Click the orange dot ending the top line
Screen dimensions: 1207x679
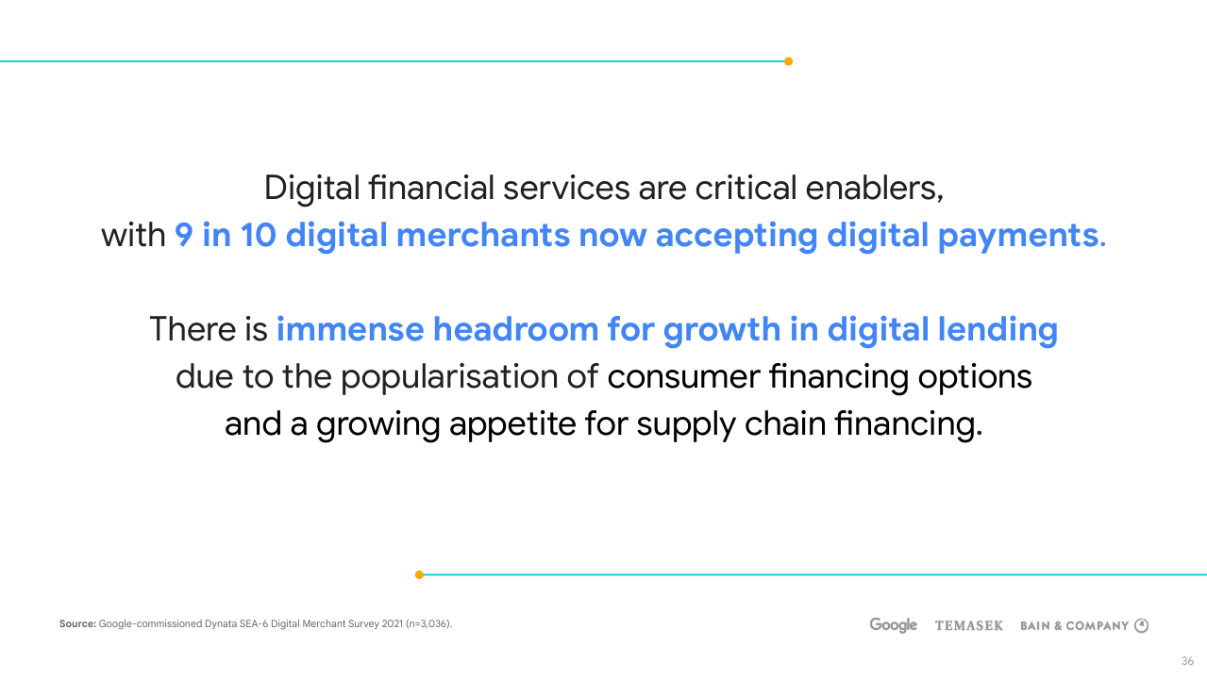[788, 61]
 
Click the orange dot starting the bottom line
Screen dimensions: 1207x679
[419, 575]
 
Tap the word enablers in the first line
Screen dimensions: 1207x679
[875, 189]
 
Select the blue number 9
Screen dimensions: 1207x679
[184, 236]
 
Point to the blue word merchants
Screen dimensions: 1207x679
[483, 236]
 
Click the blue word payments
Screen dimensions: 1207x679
[1022, 237]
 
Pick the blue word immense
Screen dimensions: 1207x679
[350, 329]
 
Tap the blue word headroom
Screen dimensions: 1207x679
[515, 329]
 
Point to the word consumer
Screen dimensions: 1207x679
[684, 377]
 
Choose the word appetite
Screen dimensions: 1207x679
[512, 425]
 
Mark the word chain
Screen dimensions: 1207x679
[785, 423]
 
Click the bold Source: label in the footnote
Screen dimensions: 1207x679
[77, 623]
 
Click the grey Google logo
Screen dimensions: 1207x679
[894, 625]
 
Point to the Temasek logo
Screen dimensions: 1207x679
[969, 625]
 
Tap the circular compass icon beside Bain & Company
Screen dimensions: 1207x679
[1141, 625]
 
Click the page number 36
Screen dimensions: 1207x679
[1187, 661]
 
